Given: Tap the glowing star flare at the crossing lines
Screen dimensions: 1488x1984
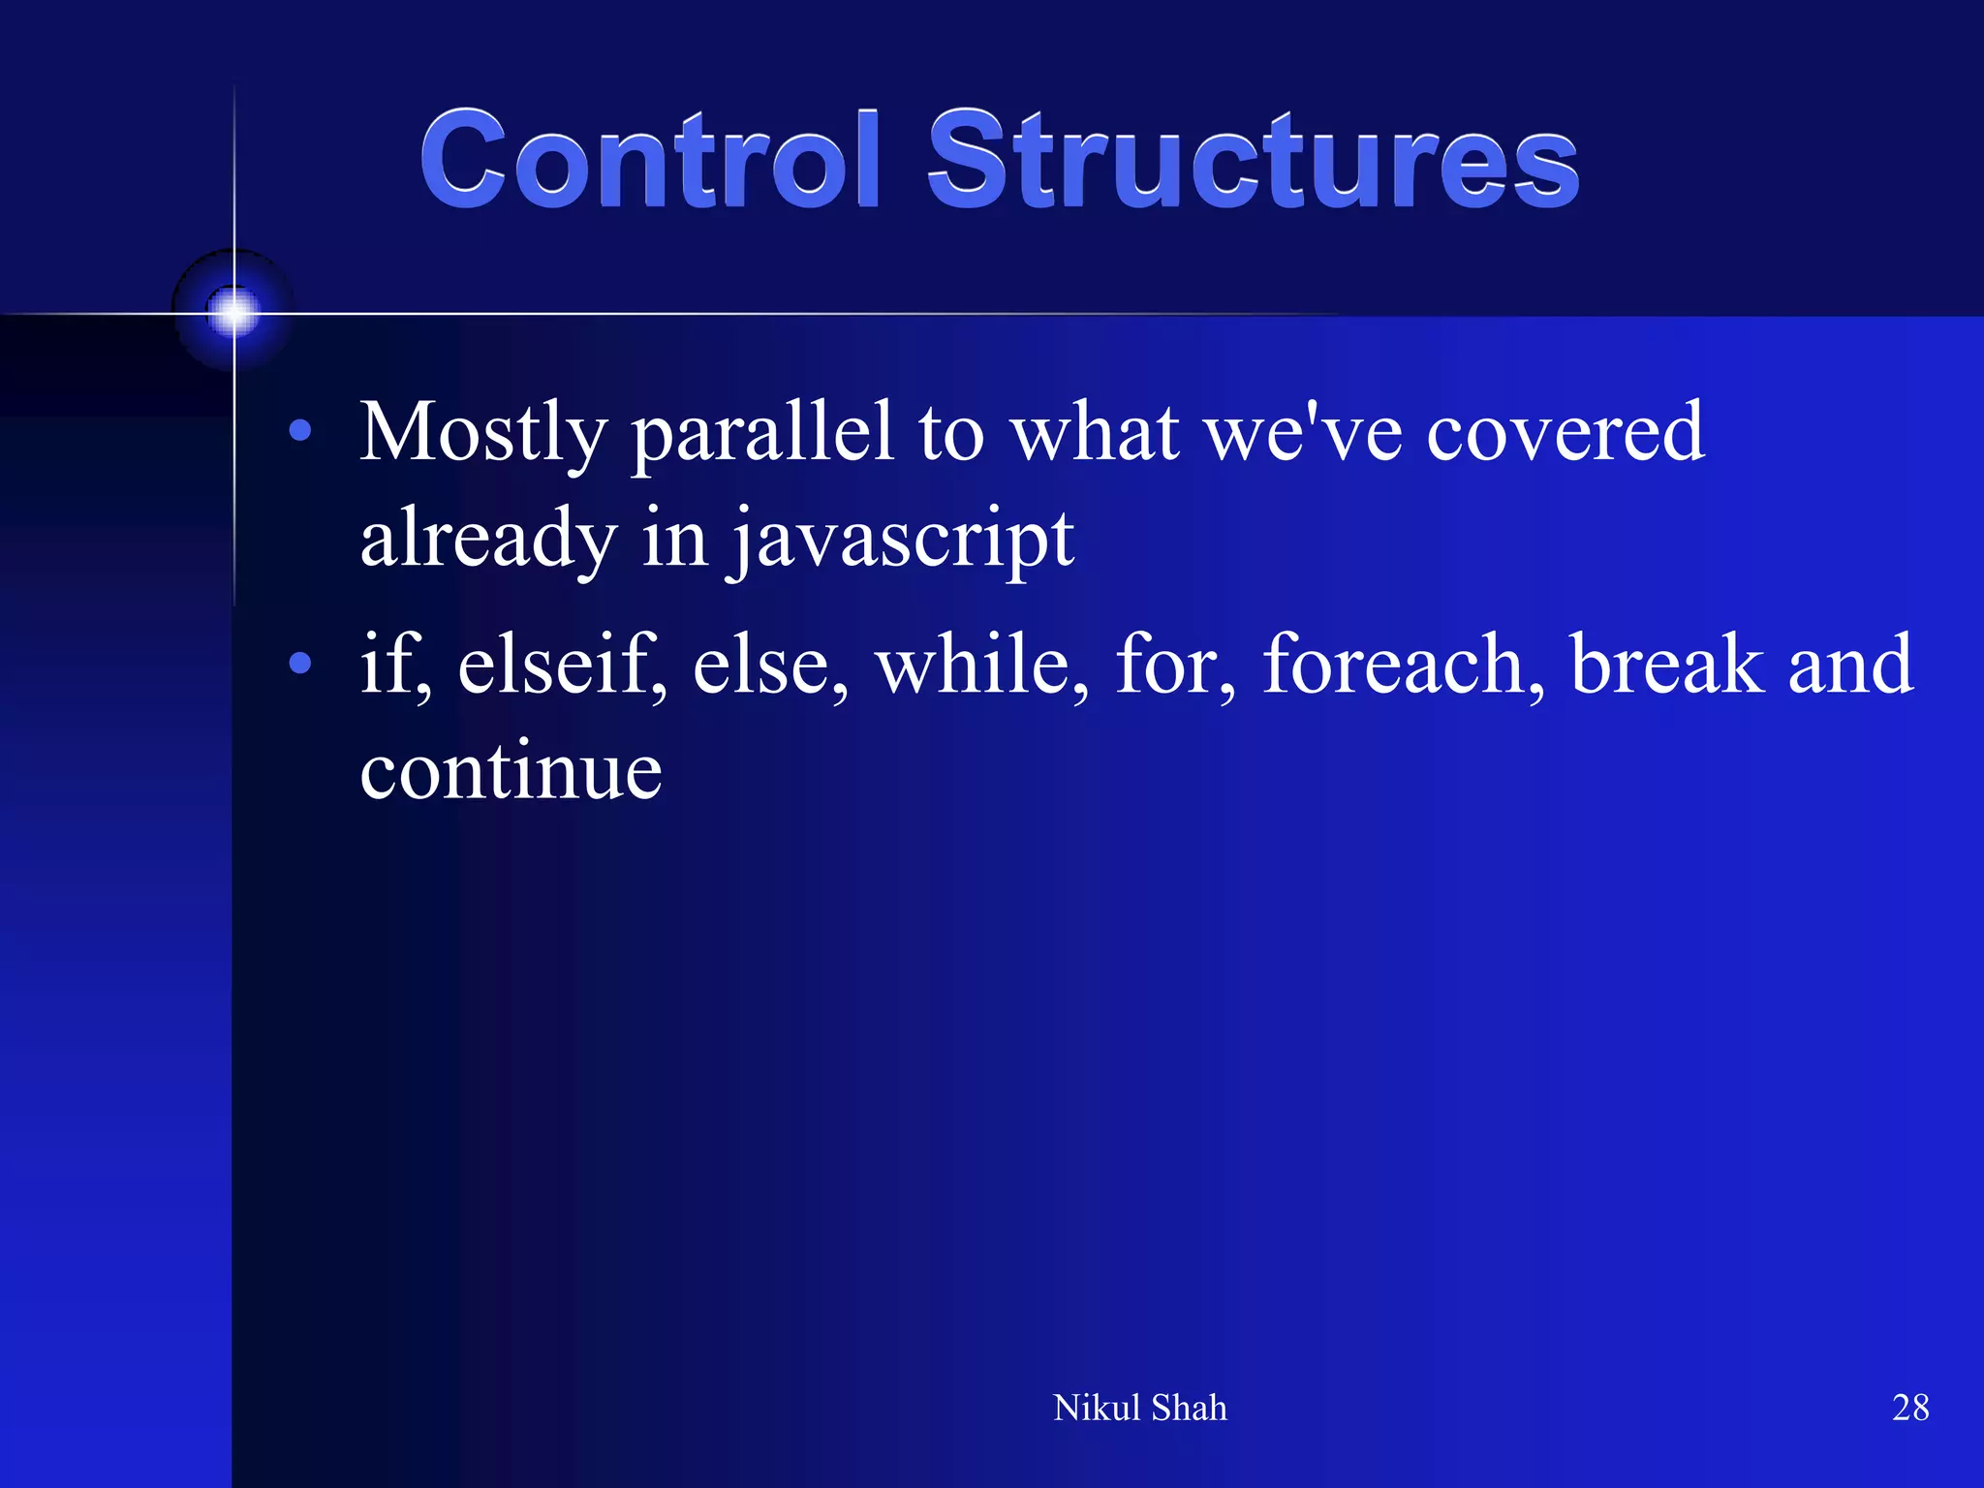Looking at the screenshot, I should pos(233,312).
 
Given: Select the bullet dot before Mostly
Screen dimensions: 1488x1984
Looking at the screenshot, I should pos(300,430).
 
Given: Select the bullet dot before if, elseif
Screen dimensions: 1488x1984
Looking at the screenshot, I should pos(300,664).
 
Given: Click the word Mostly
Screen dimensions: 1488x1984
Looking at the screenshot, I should pos(482,433).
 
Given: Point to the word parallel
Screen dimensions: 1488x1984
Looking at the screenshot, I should pos(761,433).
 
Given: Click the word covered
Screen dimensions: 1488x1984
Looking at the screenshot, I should pos(1565,433).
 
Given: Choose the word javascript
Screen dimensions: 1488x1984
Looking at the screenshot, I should pos(902,540).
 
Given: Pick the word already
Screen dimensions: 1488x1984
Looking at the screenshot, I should pos(488,540).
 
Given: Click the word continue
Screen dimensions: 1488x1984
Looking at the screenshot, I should pos(511,772).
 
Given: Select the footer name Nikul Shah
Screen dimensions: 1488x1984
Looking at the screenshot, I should pos(1139,1408).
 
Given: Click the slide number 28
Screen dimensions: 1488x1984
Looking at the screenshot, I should pos(1909,1408).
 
